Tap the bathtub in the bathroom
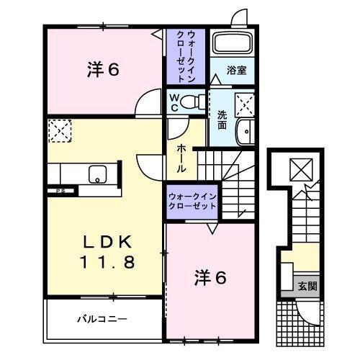point(232,45)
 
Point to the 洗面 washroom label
point(222,119)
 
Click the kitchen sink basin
point(97,174)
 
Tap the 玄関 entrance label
point(307,286)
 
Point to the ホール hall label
point(181,156)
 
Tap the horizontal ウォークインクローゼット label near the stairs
point(192,201)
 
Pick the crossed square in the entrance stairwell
point(298,170)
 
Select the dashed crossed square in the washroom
point(245,105)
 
